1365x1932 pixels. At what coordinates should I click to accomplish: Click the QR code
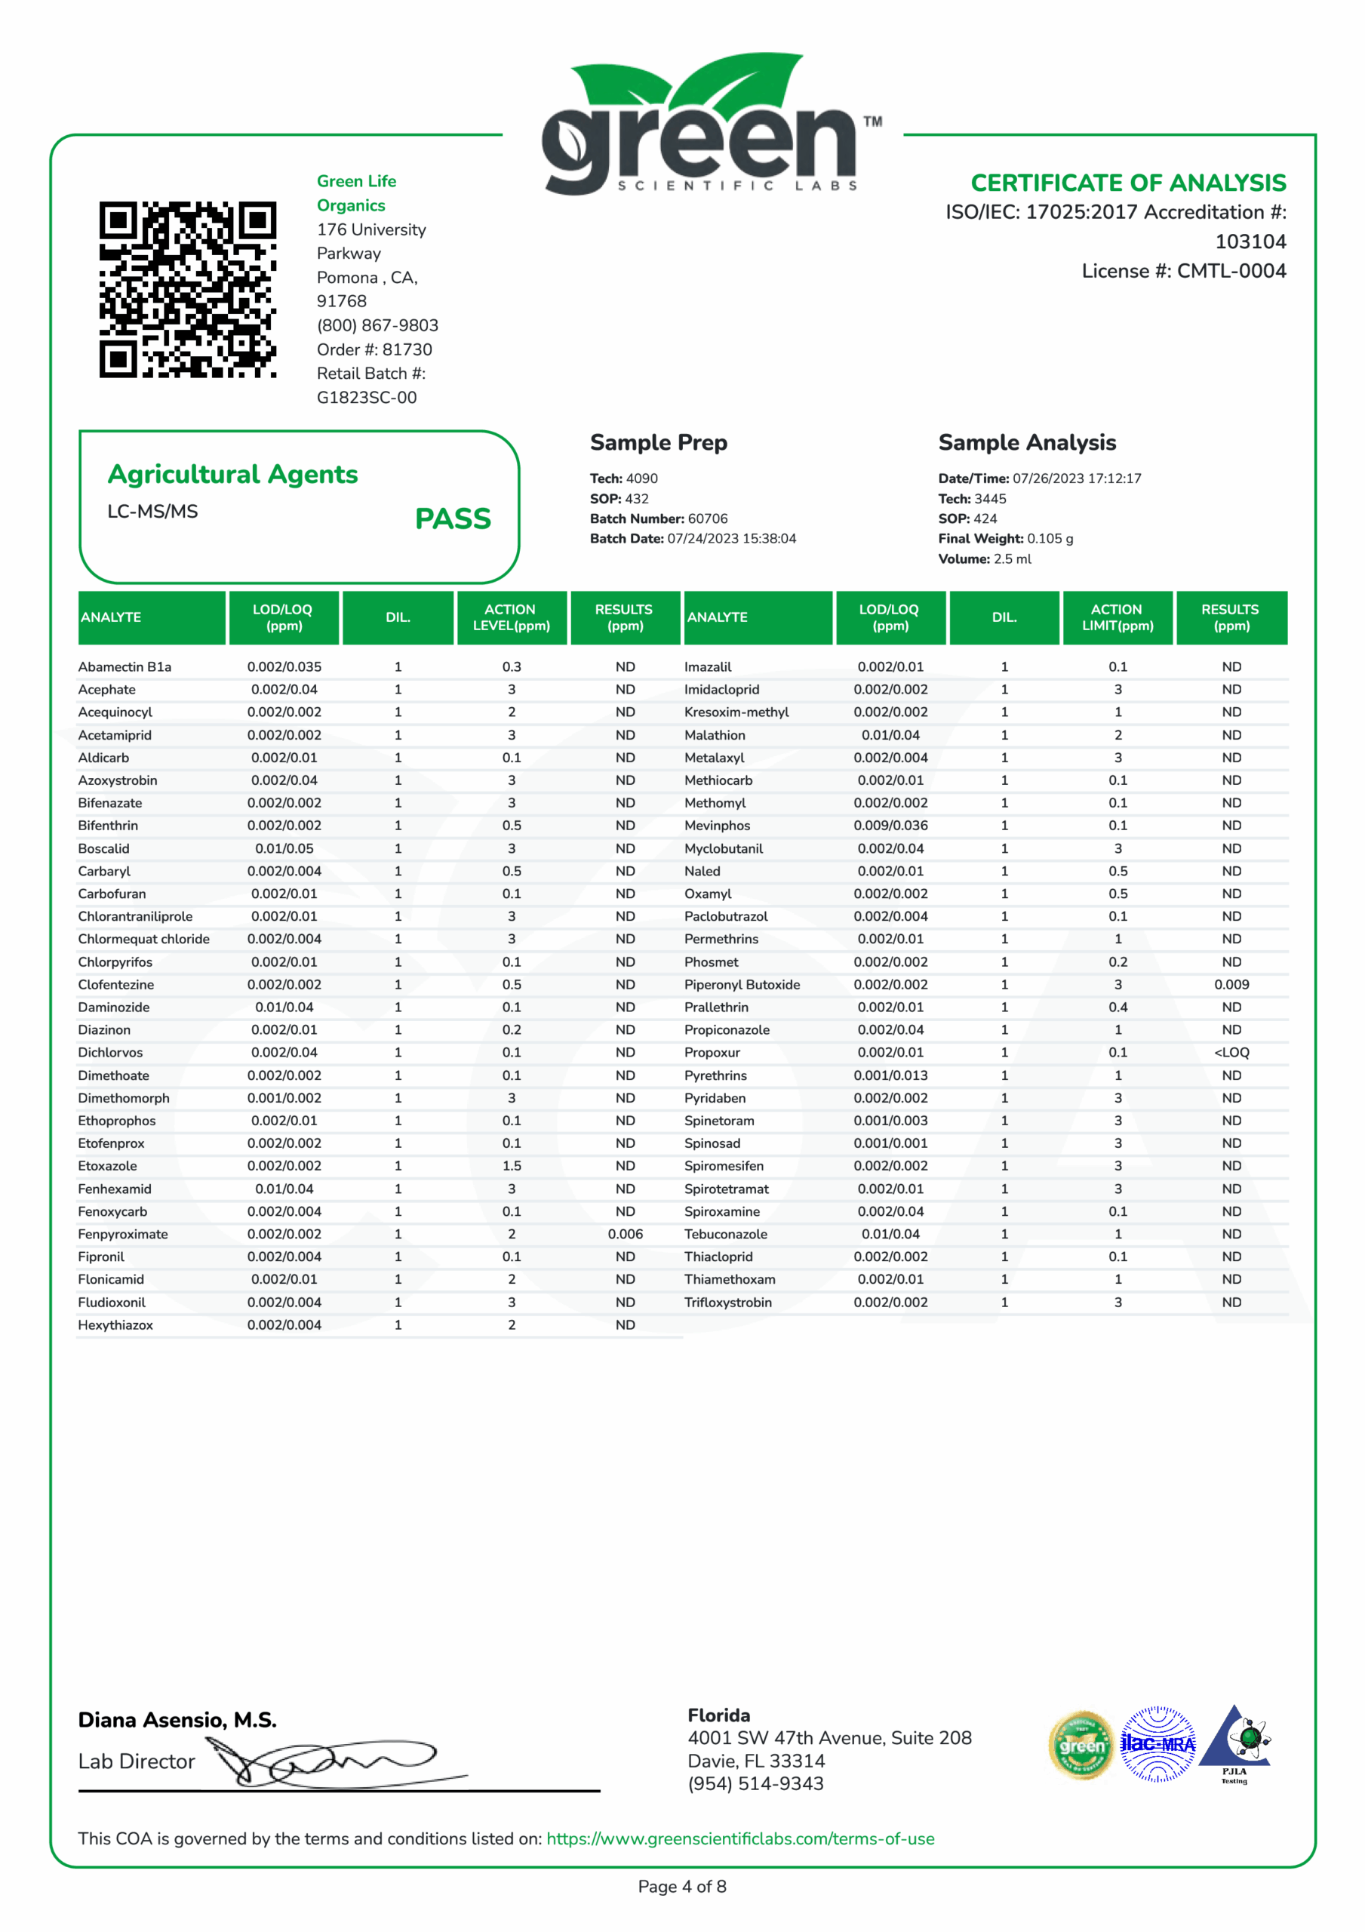pos(188,290)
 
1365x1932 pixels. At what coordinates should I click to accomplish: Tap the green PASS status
pos(453,518)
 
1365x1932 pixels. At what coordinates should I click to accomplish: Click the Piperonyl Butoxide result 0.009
pos(1231,985)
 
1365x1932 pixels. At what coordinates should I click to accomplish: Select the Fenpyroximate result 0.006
pos(626,1234)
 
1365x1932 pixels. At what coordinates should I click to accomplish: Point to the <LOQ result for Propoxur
pos(1231,1052)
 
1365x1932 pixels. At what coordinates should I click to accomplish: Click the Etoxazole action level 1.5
pos(512,1165)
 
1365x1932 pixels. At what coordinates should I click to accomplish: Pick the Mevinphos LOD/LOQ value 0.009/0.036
pos(890,826)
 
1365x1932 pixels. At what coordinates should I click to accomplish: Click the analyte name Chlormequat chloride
pos(144,939)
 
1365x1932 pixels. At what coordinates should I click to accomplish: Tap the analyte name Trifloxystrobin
pos(728,1302)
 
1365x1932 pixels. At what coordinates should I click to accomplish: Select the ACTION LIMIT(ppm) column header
pos(1117,617)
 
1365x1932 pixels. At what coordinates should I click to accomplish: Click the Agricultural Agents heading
pos(233,475)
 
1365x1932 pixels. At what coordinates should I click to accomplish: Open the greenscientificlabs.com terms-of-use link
pos(740,1838)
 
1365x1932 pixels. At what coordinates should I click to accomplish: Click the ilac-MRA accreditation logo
pos(1158,1744)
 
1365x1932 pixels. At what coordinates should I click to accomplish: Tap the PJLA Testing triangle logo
pos(1234,1742)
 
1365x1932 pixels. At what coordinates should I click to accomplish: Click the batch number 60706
pos(708,518)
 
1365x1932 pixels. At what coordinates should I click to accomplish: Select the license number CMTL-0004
pos(1231,271)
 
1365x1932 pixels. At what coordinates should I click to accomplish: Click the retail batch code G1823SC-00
pos(367,397)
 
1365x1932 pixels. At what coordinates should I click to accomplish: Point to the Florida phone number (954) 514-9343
pos(756,1783)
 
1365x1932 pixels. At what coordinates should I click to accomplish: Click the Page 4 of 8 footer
pos(681,1887)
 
